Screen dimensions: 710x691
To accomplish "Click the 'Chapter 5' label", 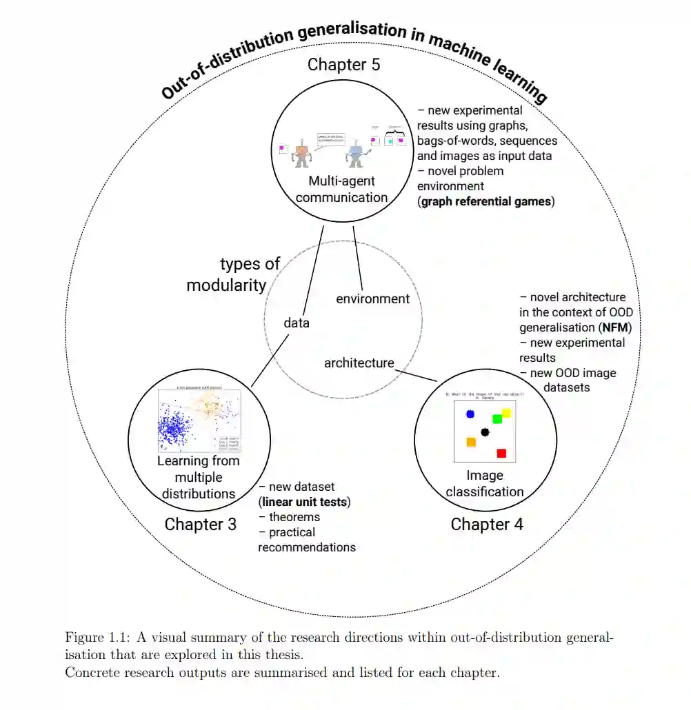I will coord(343,65).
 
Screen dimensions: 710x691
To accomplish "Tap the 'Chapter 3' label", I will coord(200,525).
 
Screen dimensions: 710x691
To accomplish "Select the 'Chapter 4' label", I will coord(487,525).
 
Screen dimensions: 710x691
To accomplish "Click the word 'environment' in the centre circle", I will coord(372,299).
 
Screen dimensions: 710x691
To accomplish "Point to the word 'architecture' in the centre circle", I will coord(359,363).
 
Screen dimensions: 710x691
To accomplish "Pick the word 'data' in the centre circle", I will coord(297,323).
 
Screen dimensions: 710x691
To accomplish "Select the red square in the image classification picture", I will coord(501,453).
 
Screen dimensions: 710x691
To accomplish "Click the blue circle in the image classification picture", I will coord(470,414).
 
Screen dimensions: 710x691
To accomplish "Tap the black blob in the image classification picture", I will coord(485,432).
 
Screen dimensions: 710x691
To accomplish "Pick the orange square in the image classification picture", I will coord(471,442).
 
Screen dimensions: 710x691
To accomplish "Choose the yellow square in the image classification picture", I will coord(506,413).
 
